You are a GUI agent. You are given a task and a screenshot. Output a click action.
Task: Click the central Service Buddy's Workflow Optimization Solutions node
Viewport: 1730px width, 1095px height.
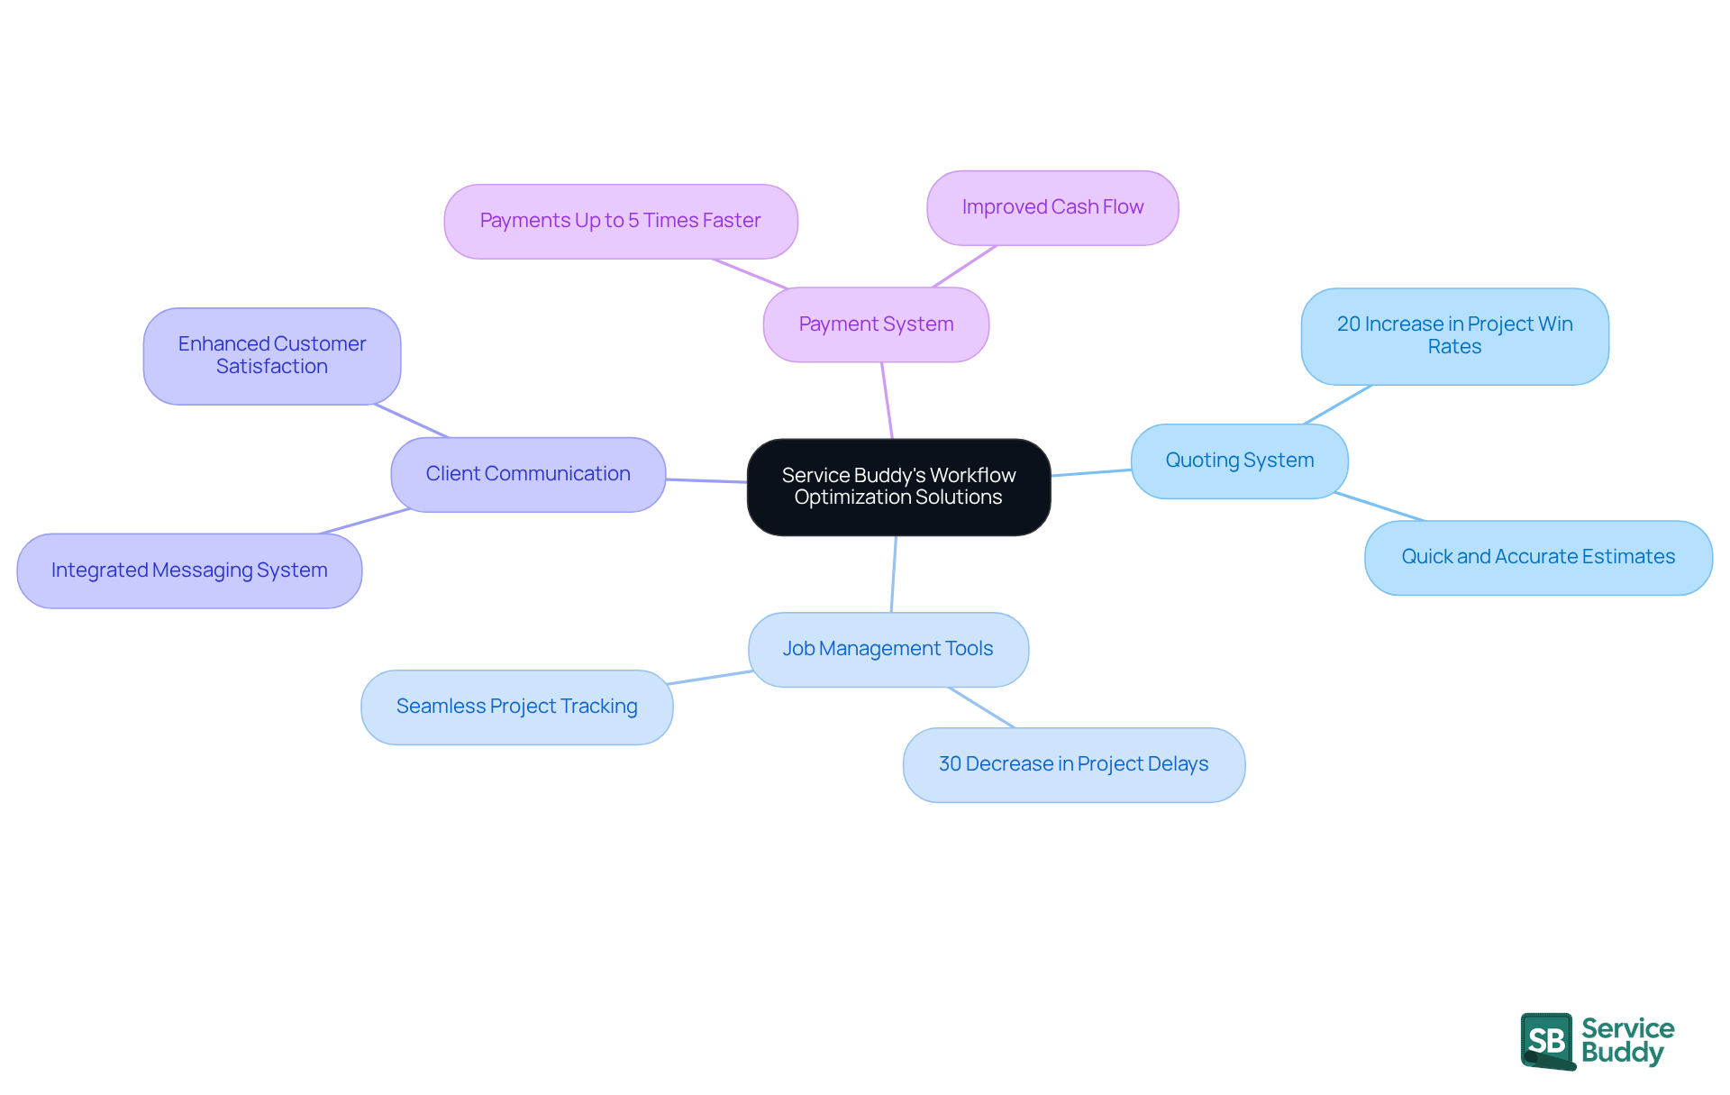898,487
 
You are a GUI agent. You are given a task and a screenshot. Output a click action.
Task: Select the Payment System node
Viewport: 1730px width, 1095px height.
876,324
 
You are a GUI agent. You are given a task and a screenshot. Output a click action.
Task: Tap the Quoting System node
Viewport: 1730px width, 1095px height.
1239,461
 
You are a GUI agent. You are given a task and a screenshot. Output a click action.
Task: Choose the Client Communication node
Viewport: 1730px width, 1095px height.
528,474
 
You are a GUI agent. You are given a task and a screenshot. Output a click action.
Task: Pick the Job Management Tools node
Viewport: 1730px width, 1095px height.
888,649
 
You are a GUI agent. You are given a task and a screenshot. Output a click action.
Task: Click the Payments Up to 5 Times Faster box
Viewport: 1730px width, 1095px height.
620,221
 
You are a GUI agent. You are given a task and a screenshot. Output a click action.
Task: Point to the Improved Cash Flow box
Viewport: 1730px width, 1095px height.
1052,207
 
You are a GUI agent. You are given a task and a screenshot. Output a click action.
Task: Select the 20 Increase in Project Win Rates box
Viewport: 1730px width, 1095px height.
1454,335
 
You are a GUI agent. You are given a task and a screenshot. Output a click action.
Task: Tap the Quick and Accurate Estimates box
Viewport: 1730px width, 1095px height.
1538,557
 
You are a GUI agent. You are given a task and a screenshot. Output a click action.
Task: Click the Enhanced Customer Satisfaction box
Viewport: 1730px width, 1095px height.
271,355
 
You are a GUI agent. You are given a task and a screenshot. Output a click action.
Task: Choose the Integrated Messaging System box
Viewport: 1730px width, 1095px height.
189,570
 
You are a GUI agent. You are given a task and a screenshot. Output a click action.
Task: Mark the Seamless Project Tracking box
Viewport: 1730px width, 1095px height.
516,707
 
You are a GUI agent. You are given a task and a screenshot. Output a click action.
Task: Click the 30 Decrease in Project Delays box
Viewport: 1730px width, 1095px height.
1073,764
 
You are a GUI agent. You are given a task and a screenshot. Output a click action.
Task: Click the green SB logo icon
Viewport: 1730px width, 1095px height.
1547,1040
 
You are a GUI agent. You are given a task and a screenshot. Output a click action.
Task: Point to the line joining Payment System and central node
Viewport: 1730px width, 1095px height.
888,401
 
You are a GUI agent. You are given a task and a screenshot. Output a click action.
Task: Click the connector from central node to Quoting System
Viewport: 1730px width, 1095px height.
1091,472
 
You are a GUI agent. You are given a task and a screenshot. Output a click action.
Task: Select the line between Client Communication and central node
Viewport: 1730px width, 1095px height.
706,480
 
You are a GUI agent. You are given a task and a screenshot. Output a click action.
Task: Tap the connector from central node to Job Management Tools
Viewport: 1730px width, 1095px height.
894,574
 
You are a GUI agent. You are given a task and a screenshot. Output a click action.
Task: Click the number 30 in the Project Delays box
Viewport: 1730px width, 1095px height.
951,764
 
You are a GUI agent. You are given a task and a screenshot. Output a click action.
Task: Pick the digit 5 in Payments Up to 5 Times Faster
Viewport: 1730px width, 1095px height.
633,221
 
